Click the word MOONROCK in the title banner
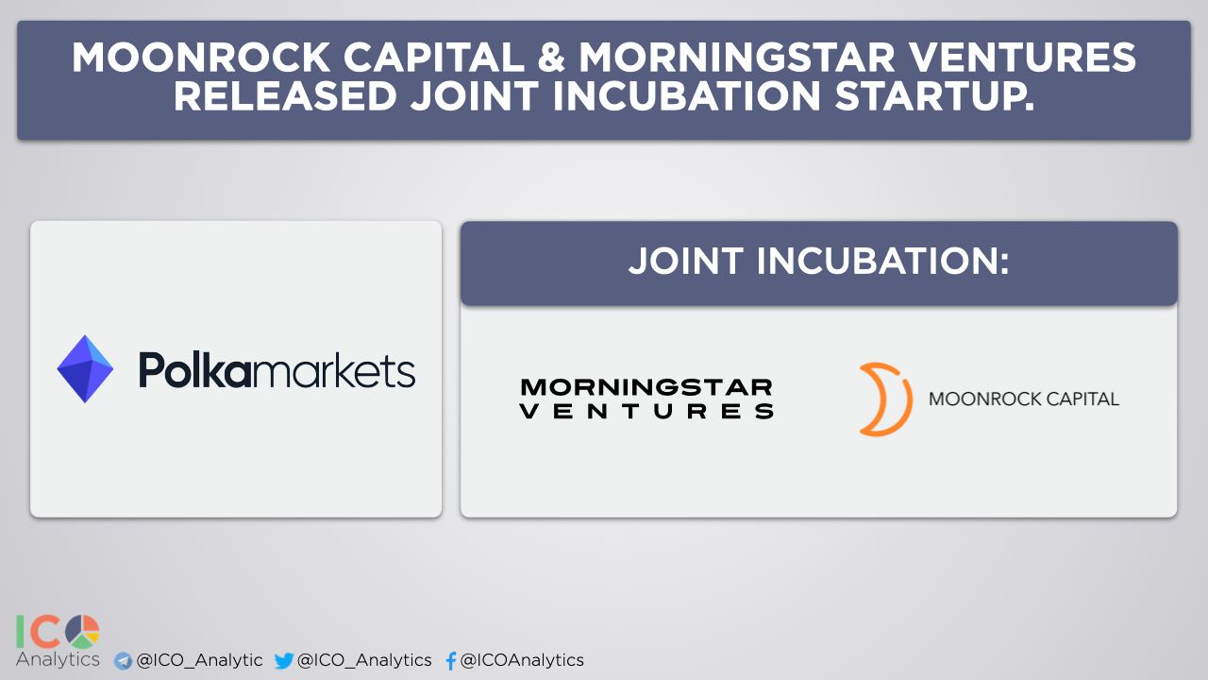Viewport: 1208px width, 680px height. point(201,58)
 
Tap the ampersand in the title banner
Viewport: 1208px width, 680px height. point(551,58)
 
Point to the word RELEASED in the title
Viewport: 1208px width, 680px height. point(285,96)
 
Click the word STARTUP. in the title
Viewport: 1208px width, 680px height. point(934,96)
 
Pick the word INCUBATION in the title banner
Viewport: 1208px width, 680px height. point(686,96)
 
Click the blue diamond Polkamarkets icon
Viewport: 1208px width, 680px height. point(85,369)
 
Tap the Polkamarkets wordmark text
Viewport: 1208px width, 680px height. point(277,369)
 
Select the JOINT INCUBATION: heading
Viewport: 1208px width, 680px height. point(818,262)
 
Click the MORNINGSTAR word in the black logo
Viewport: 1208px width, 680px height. point(646,387)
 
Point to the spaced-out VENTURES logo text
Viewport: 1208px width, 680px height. point(646,411)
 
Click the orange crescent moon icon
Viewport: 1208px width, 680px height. point(885,399)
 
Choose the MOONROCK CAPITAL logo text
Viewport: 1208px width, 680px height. point(1024,399)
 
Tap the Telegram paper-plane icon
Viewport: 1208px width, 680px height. point(123,660)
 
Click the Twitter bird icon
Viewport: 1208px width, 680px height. point(284,660)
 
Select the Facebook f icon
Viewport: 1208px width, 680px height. point(451,660)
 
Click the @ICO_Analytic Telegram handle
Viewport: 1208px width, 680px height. point(199,660)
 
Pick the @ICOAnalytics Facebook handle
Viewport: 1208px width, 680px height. point(522,660)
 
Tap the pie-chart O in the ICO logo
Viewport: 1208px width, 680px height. point(82,632)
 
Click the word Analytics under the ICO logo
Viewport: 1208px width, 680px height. point(58,659)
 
